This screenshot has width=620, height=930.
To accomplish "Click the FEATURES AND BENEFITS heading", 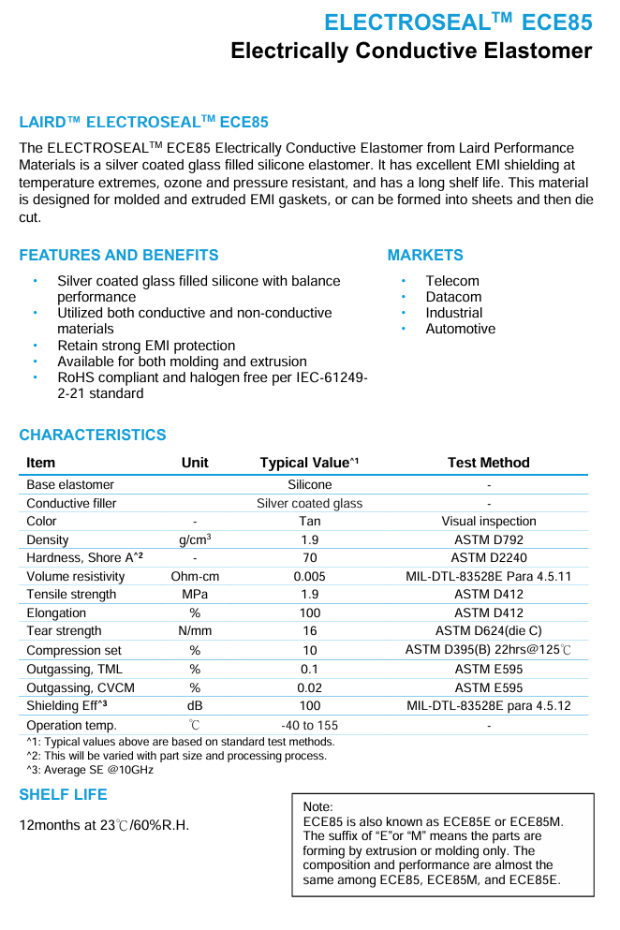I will pos(118,255).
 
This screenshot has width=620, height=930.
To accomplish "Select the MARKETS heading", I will pos(425,255).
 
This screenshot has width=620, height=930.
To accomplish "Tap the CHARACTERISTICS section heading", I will pos(93,435).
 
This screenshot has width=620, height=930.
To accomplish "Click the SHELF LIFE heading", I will pos(63,794).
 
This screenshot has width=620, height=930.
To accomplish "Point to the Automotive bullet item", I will pos(460,329).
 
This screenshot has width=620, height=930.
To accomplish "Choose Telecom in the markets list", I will pos(451,281).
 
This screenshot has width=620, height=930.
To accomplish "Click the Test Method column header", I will pos(488,463).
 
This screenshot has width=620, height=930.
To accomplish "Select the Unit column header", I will pos(195,463).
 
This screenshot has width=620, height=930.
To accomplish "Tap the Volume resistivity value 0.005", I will pos(309,576).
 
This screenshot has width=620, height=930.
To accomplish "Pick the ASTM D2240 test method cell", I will pos(488,557).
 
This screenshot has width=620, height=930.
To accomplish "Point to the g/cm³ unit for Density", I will pos(195,539).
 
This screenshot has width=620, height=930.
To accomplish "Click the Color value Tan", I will pos(309,521).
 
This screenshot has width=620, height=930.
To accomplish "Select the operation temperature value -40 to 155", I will pos(309,725).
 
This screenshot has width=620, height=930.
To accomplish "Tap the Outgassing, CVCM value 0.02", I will pos(309,687).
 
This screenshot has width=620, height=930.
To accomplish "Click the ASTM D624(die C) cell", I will pos(488,630).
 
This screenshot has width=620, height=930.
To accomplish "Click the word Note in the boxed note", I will pos(317,806).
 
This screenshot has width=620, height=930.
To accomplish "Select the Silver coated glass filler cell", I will pos(309,503).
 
